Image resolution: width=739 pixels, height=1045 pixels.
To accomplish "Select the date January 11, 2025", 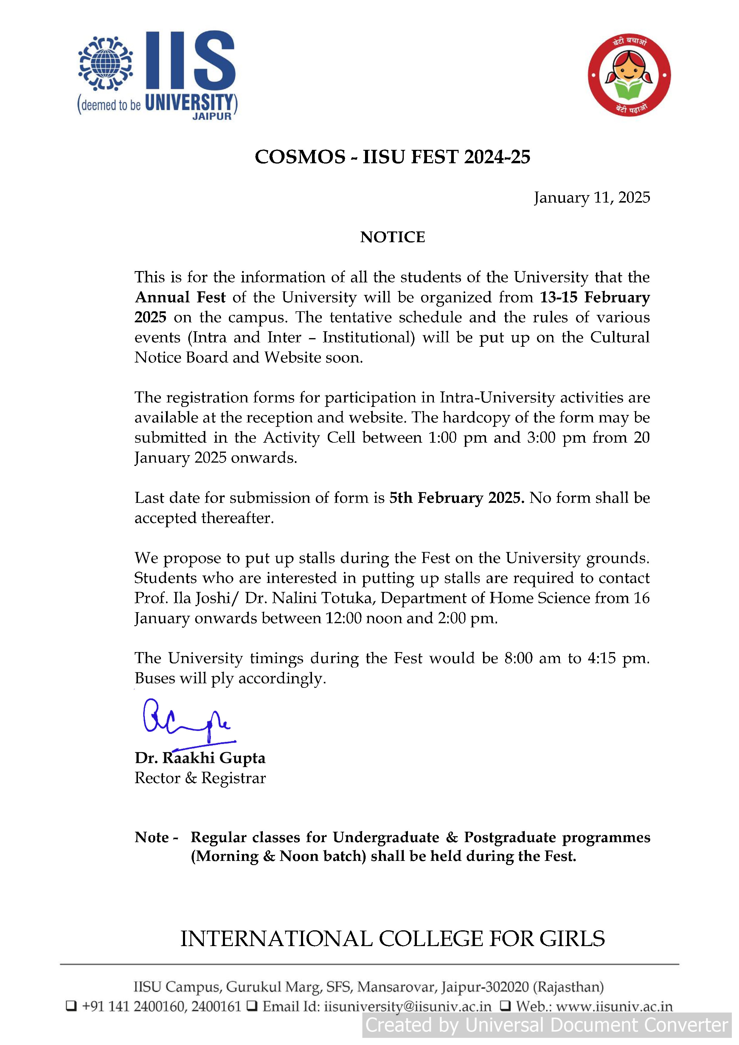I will [592, 198].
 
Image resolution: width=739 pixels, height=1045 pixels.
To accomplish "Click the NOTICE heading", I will [392, 237].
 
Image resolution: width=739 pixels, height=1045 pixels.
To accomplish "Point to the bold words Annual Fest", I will [180, 297].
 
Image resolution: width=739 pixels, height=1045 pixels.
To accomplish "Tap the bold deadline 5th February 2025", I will [457, 497].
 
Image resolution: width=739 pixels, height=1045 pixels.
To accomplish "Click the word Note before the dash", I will [152, 837].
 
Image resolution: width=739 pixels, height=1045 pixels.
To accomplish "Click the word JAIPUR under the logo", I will [212, 116].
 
